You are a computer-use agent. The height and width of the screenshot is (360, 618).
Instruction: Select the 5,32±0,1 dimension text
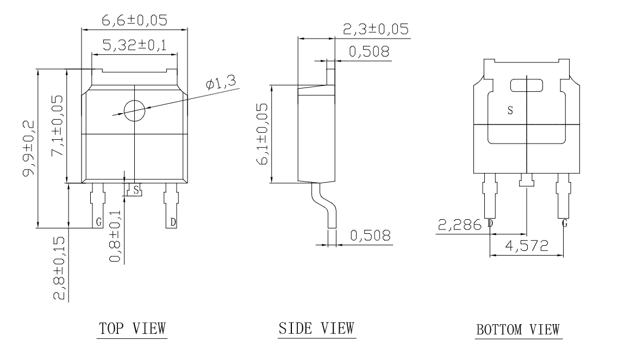(134, 46)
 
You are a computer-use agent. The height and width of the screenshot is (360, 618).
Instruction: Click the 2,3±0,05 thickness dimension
(376, 29)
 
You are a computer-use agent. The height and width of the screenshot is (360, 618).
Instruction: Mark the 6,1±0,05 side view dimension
(262, 134)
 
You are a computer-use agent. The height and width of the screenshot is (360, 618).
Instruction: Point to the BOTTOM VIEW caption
(519, 330)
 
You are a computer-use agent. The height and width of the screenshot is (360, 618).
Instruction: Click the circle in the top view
(134, 111)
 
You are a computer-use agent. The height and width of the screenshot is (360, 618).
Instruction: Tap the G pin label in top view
(99, 222)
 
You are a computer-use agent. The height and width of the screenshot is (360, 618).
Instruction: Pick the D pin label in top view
(173, 222)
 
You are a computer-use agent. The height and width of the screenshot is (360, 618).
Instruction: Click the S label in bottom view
(510, 110)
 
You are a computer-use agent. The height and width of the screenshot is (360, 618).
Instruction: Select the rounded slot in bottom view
(527, 86)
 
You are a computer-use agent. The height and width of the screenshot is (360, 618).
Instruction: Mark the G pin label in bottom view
(565, 224)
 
